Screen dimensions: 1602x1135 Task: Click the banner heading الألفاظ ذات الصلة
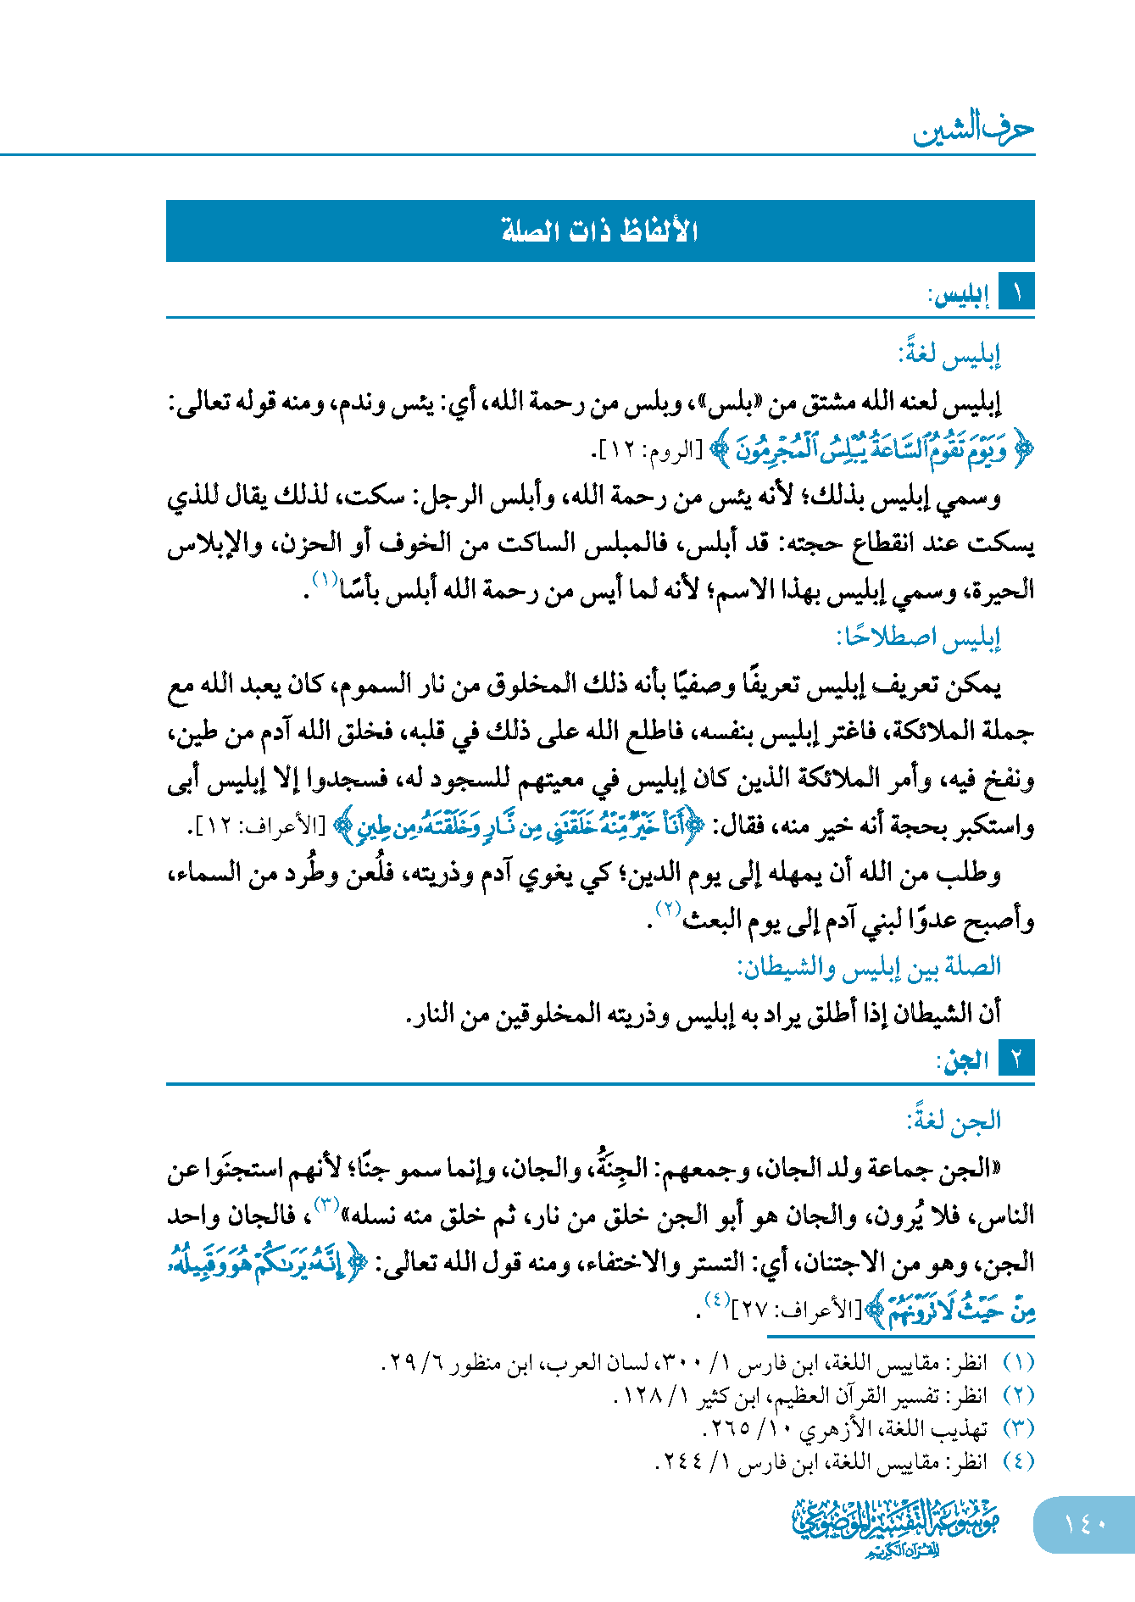600,231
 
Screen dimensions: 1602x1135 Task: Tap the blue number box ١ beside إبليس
1016,293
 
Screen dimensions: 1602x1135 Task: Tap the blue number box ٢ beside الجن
1016,1059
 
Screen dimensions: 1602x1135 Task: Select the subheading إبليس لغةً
949,353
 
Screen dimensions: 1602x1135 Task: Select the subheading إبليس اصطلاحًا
919,637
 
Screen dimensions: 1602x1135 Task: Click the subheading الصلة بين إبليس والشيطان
869,966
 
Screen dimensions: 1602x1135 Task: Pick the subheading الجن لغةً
954,1121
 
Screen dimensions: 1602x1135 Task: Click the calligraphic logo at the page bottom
895,1526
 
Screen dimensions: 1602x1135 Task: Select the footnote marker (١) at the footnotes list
1018,1363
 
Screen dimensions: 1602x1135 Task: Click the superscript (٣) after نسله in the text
327,1204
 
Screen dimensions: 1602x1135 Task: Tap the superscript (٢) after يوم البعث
669,909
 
